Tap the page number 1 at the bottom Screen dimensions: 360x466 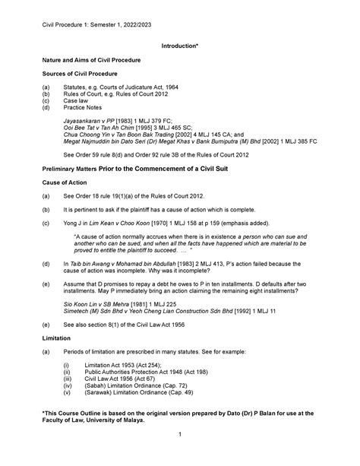[179, 455]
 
